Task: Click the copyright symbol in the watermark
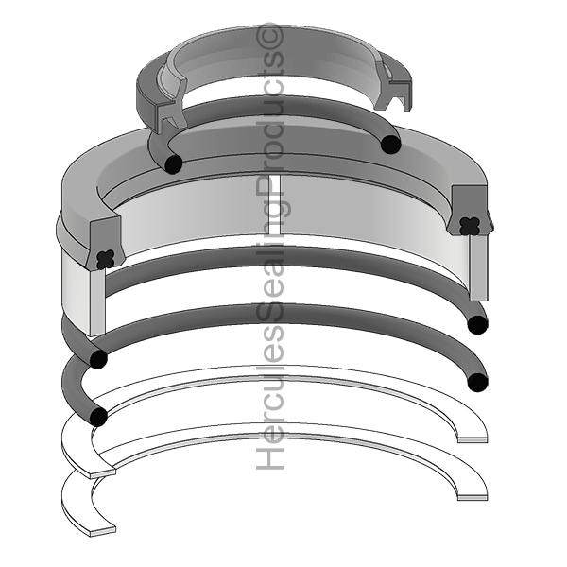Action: (x=269, y=36)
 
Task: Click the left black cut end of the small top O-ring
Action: (x=173, y=163)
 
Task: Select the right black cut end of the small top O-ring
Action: (x=391, y=144)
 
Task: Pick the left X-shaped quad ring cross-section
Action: (x=106, y=259)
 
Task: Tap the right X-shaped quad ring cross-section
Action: (x=470, y=227)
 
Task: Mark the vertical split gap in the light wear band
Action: (x=275, y=205)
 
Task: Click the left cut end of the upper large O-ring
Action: (x=98, y=359)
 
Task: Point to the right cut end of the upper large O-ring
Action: (x=477, y=324)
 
